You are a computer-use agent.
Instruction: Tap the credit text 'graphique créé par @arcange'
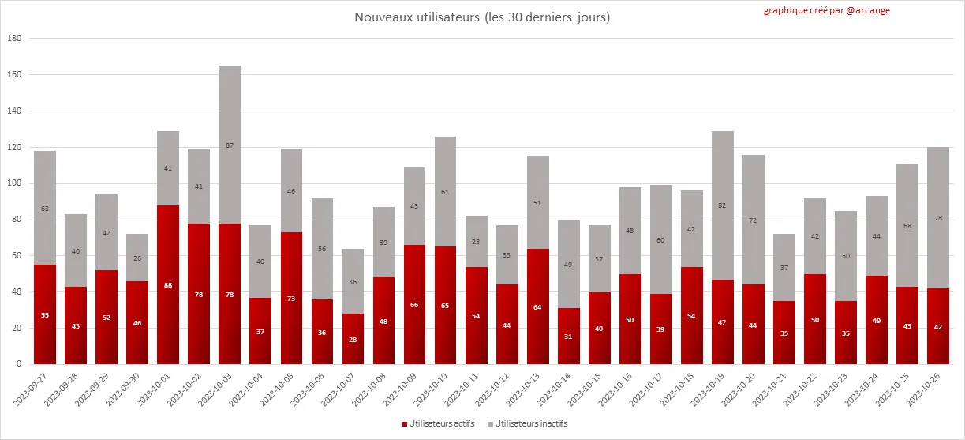tap(826, 10)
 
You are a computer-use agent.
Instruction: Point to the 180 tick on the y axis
tap(14, 38)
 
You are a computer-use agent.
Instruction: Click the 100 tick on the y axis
tap(14, 183)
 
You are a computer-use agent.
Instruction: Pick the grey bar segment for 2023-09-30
tap(137, 253)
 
